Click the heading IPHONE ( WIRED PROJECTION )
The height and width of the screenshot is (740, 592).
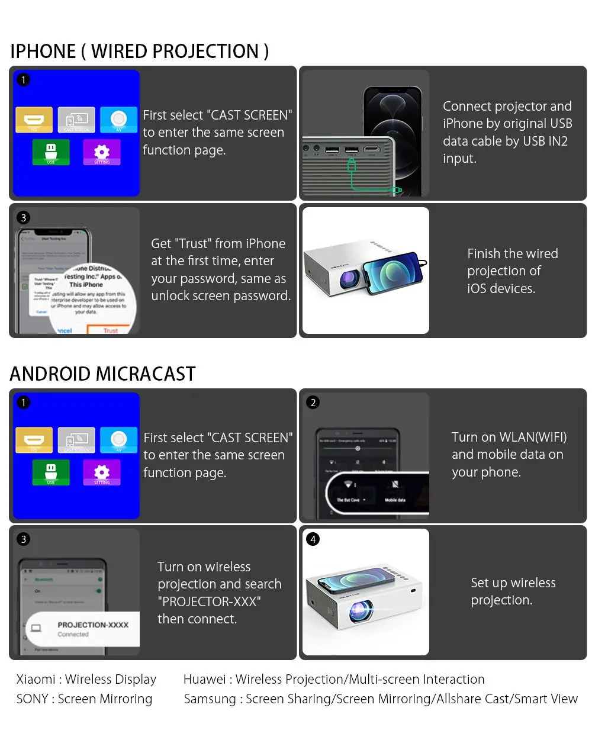[140, 52]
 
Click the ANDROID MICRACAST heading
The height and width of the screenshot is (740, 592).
[102, 374]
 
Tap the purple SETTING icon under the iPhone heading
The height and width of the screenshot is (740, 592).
[102, 152]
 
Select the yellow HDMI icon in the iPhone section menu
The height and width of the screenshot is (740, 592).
[34, 120]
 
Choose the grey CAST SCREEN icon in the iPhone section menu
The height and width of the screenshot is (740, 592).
[76, 120]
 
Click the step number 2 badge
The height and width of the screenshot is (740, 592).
[313, 403]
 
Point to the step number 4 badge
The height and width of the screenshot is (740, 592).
[313, 539]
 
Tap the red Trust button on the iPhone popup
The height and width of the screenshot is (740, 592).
[111, 330]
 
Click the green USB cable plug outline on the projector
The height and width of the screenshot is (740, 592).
[352, 165]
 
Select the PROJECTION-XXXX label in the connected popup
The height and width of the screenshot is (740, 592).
[93, 625]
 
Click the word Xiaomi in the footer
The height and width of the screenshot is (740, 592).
[36, 679]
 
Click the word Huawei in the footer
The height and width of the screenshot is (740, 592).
[205, 679]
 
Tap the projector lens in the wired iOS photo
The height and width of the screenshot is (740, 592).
[349, 278]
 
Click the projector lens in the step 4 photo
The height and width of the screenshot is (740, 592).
[359, 610]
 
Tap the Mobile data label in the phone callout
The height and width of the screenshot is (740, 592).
[395, 500]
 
